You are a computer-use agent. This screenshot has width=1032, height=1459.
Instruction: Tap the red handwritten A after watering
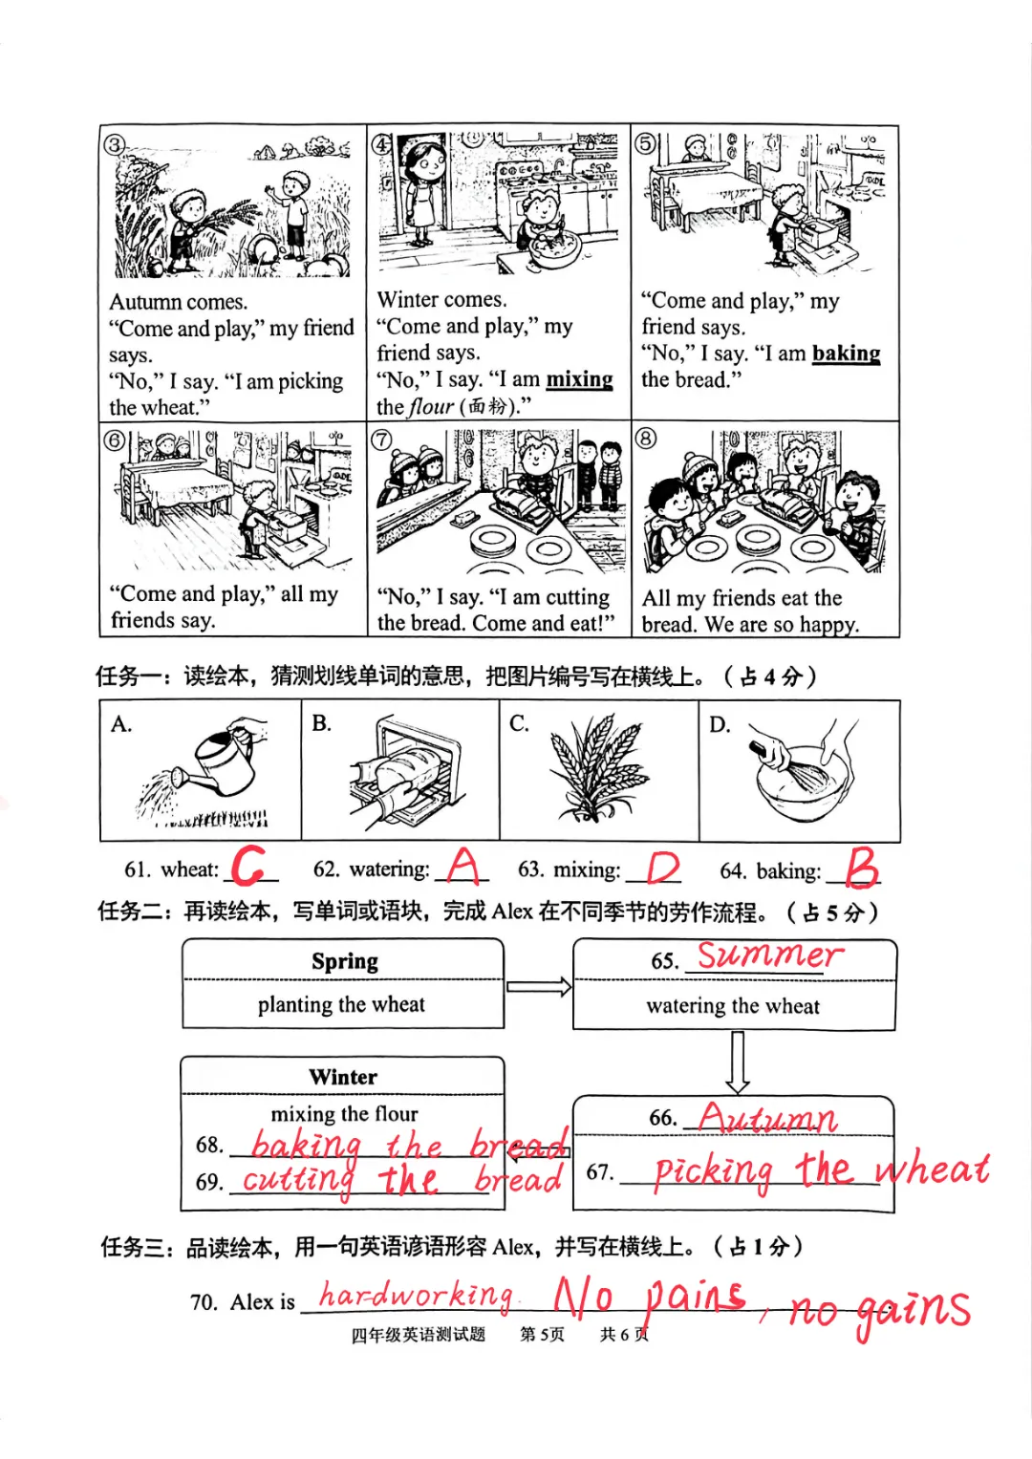(x=464, y=866)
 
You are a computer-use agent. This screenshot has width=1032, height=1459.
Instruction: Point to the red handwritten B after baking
(x=862, y=867)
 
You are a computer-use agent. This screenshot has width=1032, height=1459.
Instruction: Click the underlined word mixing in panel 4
(x=579, y=379)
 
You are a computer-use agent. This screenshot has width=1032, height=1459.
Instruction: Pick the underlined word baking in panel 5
(x=846, y=353)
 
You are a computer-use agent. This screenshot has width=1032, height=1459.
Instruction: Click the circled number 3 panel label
(x=115, y=144)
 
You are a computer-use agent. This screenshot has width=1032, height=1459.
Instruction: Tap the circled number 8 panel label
(x=645, y=438)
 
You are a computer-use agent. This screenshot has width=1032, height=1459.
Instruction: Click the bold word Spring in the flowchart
(x=345, y=962)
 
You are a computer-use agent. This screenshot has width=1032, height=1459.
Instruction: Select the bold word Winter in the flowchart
(x=343, y=1077)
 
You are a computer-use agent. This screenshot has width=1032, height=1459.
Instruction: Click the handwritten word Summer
(x=770, y=955)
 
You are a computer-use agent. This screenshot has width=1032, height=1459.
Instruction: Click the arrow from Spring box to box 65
(x=539, y=987)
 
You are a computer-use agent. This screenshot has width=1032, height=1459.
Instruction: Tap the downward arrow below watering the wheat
(x=737, y=1062)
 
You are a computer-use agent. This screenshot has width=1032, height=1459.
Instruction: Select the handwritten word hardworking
(x=416, y=1296)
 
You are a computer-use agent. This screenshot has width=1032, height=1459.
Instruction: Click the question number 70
(x=204, y=1302)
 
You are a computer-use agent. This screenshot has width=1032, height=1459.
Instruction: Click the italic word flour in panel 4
(x=431, y=406)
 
